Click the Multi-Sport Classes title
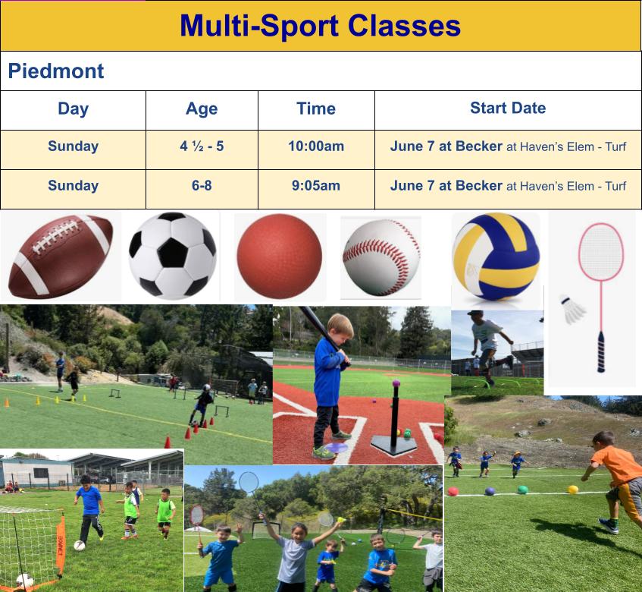[x=320, y=26]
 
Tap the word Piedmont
[x=56, y=71]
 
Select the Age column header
[x=202, y=109]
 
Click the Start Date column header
[x=508, y=108]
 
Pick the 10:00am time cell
[x=316, y=146]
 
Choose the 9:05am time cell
[x=316, y=185]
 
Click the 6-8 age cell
[x=202, y=185]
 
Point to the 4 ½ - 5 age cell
[x=202, y=146]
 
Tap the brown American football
[x=61, y=257]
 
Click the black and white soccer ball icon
[x=173, y=256]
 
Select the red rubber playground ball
[x=279, y=257]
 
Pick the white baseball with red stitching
[x=381, y=257]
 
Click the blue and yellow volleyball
[x=496, y=257]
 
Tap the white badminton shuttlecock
[x=574, y=310]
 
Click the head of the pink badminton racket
[x=600, y=252]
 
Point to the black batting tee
[x=395, y=425]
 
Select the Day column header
[x=73, y=109]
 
